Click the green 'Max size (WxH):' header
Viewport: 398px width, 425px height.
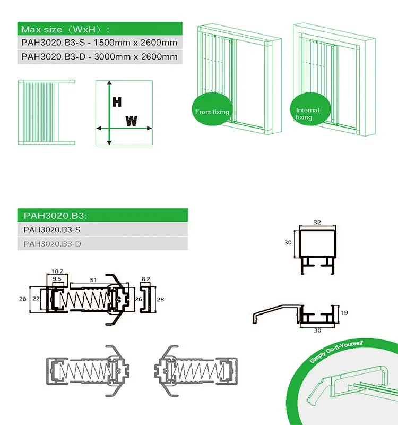pyautogui.click(x=100, y=29)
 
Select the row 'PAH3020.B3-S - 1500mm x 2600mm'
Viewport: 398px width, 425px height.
pyautogui.click(x=100, y=42)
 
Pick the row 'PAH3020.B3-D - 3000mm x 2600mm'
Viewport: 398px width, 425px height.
pyautogui.click(x=100, y=57)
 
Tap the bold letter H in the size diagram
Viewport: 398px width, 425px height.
pyautogui.click(x=117, y=102)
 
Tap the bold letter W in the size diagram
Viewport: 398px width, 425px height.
pyautogui.click(x=131, y=121)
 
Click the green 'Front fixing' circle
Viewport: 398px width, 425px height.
pyautogui.click(x=212, y=109)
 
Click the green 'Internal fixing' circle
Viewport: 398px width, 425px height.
pyautogui.click(x=310, y=109)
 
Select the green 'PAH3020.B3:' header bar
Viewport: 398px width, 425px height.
pyautogui.click(x=102, y=215)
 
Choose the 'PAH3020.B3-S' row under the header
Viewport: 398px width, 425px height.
pyautogui.click(x=102, y=229)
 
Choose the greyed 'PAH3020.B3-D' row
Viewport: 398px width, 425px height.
pyautogui.click(x=102, y=243)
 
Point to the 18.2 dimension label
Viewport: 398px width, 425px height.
pyautogui.click(x=57, y=271)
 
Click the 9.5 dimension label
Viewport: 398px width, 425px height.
pyautogui.click(x=57, y=278)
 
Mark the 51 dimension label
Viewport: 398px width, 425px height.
pyautogui.click(x=93, y=280)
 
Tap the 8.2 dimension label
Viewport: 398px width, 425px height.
pyautogui.click(x=145, y=279)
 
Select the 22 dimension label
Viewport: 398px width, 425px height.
pyautogui.click(x=36, y=299)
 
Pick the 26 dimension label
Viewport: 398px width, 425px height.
pyautogui.click(x=139, y=299)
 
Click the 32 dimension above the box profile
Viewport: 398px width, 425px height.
pyautogui.click(x=317, y=222)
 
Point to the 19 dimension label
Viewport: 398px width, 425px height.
pyautogui.click(x=344, y=312)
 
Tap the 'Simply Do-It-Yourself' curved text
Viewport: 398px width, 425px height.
pyautogui.click(x=336, y=352)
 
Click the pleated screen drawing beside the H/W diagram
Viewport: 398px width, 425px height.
pyautogui.click(x=46, y=112)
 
